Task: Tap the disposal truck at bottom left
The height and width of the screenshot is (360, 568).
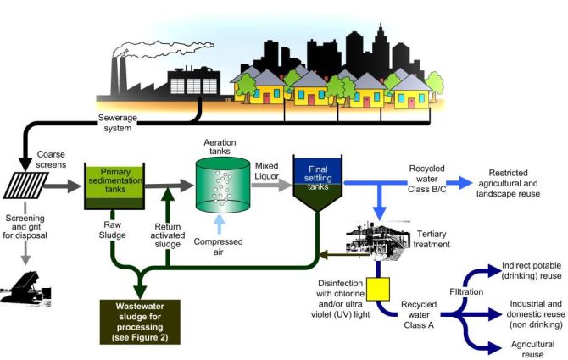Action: coord(31,284)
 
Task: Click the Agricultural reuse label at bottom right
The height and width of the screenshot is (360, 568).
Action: coord(527,350)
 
